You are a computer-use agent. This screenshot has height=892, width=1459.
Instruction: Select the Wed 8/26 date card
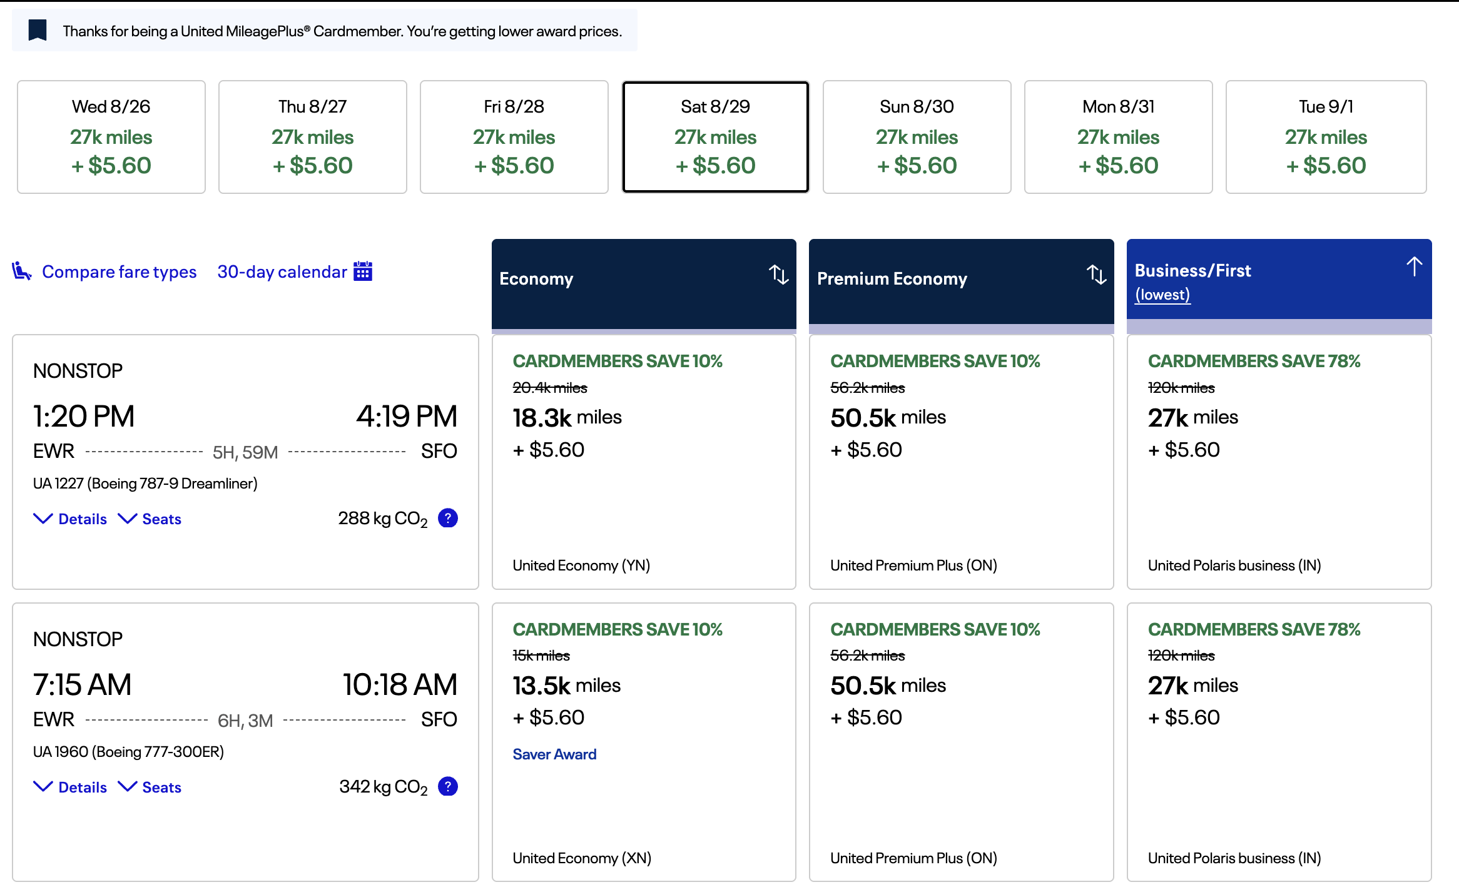coord(111,137)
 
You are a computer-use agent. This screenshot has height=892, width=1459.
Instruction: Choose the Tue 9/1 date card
coord(1326,137)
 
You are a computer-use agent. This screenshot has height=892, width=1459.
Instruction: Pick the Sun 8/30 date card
coord(917,137)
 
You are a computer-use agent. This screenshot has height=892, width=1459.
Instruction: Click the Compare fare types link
coord(119,271)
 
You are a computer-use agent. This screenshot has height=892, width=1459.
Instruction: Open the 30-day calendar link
coord(282,271)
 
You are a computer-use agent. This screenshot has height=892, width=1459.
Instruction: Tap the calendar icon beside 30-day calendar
coord(363,271)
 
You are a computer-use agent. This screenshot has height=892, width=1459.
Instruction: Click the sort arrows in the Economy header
coord(779,275)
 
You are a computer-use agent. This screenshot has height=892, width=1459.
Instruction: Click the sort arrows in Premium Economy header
coord(1096,275)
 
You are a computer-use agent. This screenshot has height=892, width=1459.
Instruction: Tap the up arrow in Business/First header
coord(1414,266)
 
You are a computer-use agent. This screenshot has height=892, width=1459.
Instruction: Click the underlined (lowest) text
coord(1162,295)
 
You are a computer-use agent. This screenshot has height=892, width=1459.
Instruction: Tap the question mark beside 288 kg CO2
coord(448,518)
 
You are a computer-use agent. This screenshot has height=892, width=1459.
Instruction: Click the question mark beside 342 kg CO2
coord(448,786)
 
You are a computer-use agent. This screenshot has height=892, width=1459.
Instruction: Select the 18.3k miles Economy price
coord(567,417)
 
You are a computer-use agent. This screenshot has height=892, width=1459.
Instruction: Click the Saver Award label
coord(554,754)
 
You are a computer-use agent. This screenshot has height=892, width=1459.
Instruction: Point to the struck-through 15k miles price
coord(541,656)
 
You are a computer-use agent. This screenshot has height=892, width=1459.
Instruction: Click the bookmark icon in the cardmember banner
coord(38,30)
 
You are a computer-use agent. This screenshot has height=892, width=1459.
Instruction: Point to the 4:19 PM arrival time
coord(407,417)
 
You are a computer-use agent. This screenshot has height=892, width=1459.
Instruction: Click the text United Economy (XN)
coord(582,858)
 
